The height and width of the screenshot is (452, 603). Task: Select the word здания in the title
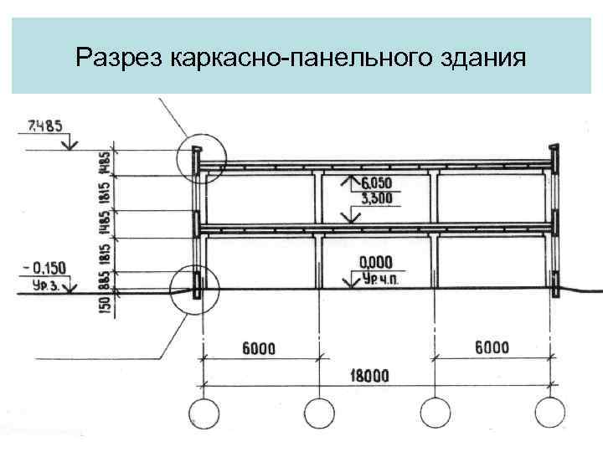pyautogui.click(x=482, y=59)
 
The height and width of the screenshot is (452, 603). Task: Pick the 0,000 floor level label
pyautogui.click(x=375, y=262)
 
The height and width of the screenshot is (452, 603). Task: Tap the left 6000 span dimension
pyautogui.click(x=262, y=348)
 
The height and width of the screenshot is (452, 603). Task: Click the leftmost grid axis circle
pyautogui.click(x=202, y=414)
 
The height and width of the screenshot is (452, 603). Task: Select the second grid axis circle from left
pyautogui.click(x=318, y=414)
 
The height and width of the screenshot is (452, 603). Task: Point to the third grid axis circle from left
pyautogui.click(x=435, y=414)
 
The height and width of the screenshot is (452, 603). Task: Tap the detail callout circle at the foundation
pyautogui.click(x=193, y=290)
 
